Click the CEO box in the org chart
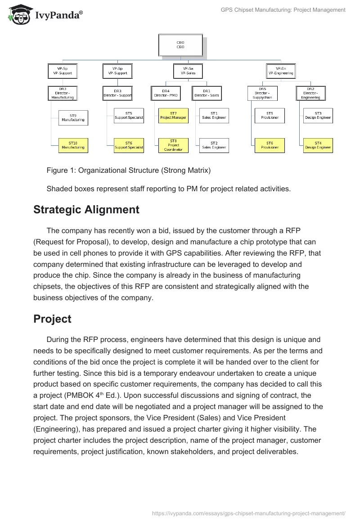point(180,45)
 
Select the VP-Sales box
point(188,71)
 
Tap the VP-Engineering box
point(281,71)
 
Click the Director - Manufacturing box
point(63,93)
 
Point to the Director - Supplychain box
point(262,93)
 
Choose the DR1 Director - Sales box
point(207,93)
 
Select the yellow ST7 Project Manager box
point(173,116)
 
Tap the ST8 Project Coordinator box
point(173,145)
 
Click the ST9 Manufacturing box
point(73,118)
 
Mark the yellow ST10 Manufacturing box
point(73,145)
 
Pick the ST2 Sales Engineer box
point(214,145)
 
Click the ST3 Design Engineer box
point(318,116)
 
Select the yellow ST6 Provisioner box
point(269,145)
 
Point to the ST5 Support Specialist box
point(129,116)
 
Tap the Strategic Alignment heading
point(86,210)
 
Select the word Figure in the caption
point(57,171)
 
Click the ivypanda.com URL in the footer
point(249,513)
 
